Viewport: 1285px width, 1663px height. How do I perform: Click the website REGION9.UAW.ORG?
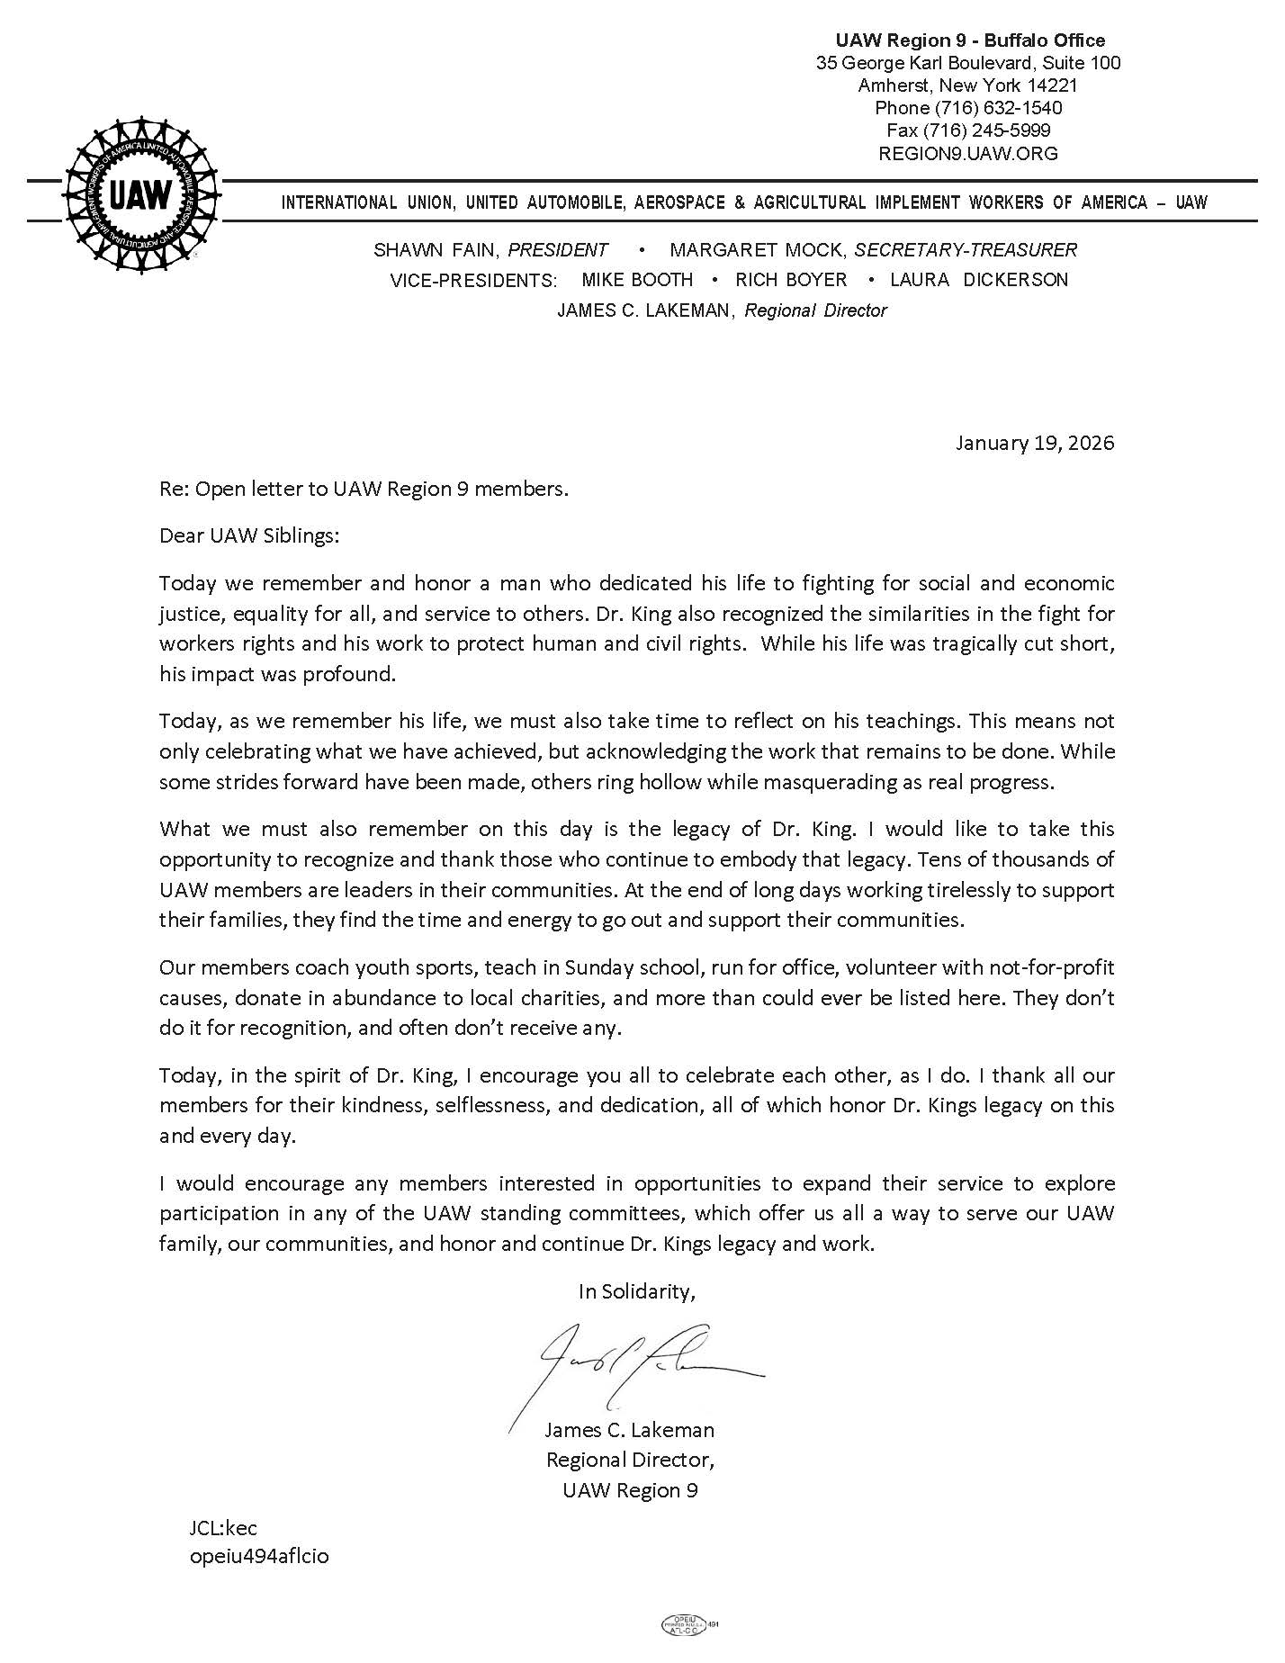tap(967, 153)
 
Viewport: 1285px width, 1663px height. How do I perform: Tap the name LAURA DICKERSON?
tap(979, 280)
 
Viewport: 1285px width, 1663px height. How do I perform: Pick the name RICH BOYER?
tap(791, 280)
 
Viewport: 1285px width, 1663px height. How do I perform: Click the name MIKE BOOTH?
tap(637, 280)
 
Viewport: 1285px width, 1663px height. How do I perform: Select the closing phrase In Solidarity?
tap(637, 1291)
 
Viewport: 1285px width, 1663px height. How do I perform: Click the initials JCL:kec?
tap(223, 1528)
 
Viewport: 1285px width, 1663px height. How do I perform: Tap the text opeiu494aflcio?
tap(259, 1556)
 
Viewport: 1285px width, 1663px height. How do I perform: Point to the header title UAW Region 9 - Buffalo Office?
tap(970, 40)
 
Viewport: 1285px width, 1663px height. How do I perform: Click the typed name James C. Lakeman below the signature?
tap(630, 1430)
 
